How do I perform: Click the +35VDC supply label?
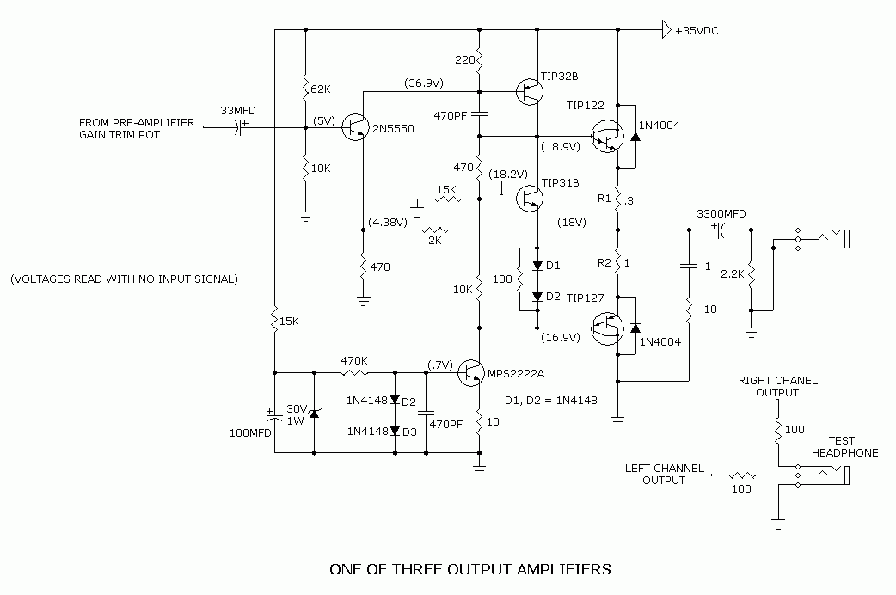point(697,30)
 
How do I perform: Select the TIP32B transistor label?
point(560,75)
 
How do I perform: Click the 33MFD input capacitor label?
point(238,111)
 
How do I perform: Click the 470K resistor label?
point(355,361)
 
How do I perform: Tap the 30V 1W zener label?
point(297,415)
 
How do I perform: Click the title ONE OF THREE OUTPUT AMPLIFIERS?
point(470,569)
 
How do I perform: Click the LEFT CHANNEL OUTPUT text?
point(665,474)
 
